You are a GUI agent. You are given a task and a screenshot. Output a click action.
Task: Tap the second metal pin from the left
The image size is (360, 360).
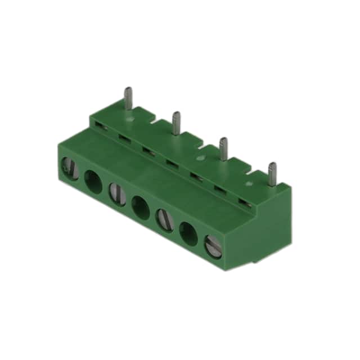tap(176, 123)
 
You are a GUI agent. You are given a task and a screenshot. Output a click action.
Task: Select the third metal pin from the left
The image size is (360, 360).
tap(223, 148)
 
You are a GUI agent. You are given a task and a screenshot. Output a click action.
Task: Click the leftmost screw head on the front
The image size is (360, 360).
tap(67, 168)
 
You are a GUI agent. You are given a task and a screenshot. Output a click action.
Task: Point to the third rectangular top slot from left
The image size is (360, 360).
tap(147, 150)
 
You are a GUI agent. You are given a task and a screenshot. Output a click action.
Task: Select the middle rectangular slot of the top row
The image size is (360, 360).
tap(170, 163)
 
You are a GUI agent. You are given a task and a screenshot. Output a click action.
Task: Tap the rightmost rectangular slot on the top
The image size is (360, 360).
tap(243, 201)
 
